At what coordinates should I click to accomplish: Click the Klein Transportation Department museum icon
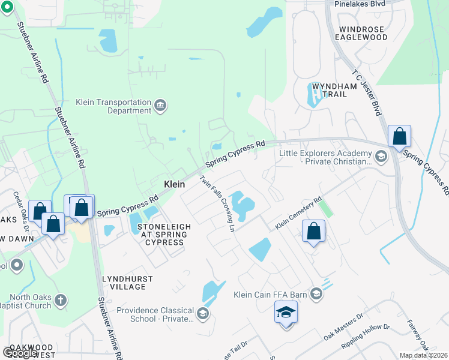click(x=160, y=106)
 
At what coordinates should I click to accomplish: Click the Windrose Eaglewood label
click(x=363, y=32)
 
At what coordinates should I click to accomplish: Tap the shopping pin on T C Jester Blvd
click(x=399, y=136)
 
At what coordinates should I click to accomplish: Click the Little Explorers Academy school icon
click(x=379, y=157)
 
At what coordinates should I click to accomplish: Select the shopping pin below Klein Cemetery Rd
click(x=313, y=231)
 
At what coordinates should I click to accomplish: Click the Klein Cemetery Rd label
click(x=299, y=213)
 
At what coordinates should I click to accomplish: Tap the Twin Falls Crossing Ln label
click(x=217, y=203)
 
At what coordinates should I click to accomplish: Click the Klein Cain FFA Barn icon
click(x=316, y=294)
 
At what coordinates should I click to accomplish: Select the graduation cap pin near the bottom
click(x=286, y=312)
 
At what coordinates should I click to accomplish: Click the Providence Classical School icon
click(x=203, y=314)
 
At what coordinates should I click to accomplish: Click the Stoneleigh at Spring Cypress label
click(x=164, y=234)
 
